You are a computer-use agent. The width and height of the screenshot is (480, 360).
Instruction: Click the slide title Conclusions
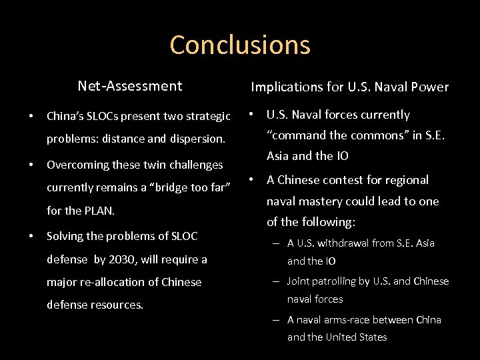click(x=240, y=45)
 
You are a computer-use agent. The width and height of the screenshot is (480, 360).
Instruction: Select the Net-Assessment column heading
click(x=129, y=86)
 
